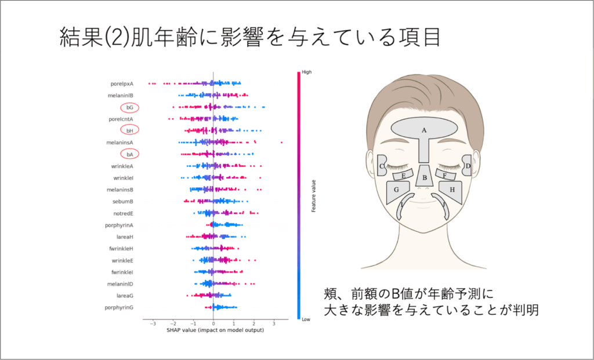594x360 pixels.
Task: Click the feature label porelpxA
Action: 122,83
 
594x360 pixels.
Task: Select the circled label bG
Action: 129,107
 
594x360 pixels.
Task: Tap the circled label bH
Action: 129,130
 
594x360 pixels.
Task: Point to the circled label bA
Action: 129,154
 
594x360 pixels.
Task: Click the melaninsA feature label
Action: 119,143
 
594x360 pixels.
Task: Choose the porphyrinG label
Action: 119,308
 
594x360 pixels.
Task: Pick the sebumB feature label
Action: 123,201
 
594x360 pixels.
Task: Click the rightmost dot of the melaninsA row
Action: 281,143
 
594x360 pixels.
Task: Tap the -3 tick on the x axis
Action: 153,324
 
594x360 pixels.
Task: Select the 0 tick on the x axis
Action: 213,324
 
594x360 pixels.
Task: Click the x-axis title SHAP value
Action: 215,330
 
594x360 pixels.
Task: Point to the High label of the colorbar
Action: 306,72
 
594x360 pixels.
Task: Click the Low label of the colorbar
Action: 306,319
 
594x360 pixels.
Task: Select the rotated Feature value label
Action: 313,196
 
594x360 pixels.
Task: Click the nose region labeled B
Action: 424,176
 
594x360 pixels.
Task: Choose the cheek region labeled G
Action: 398,191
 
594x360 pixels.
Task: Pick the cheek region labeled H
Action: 451,191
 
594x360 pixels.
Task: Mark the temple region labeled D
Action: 467,165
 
